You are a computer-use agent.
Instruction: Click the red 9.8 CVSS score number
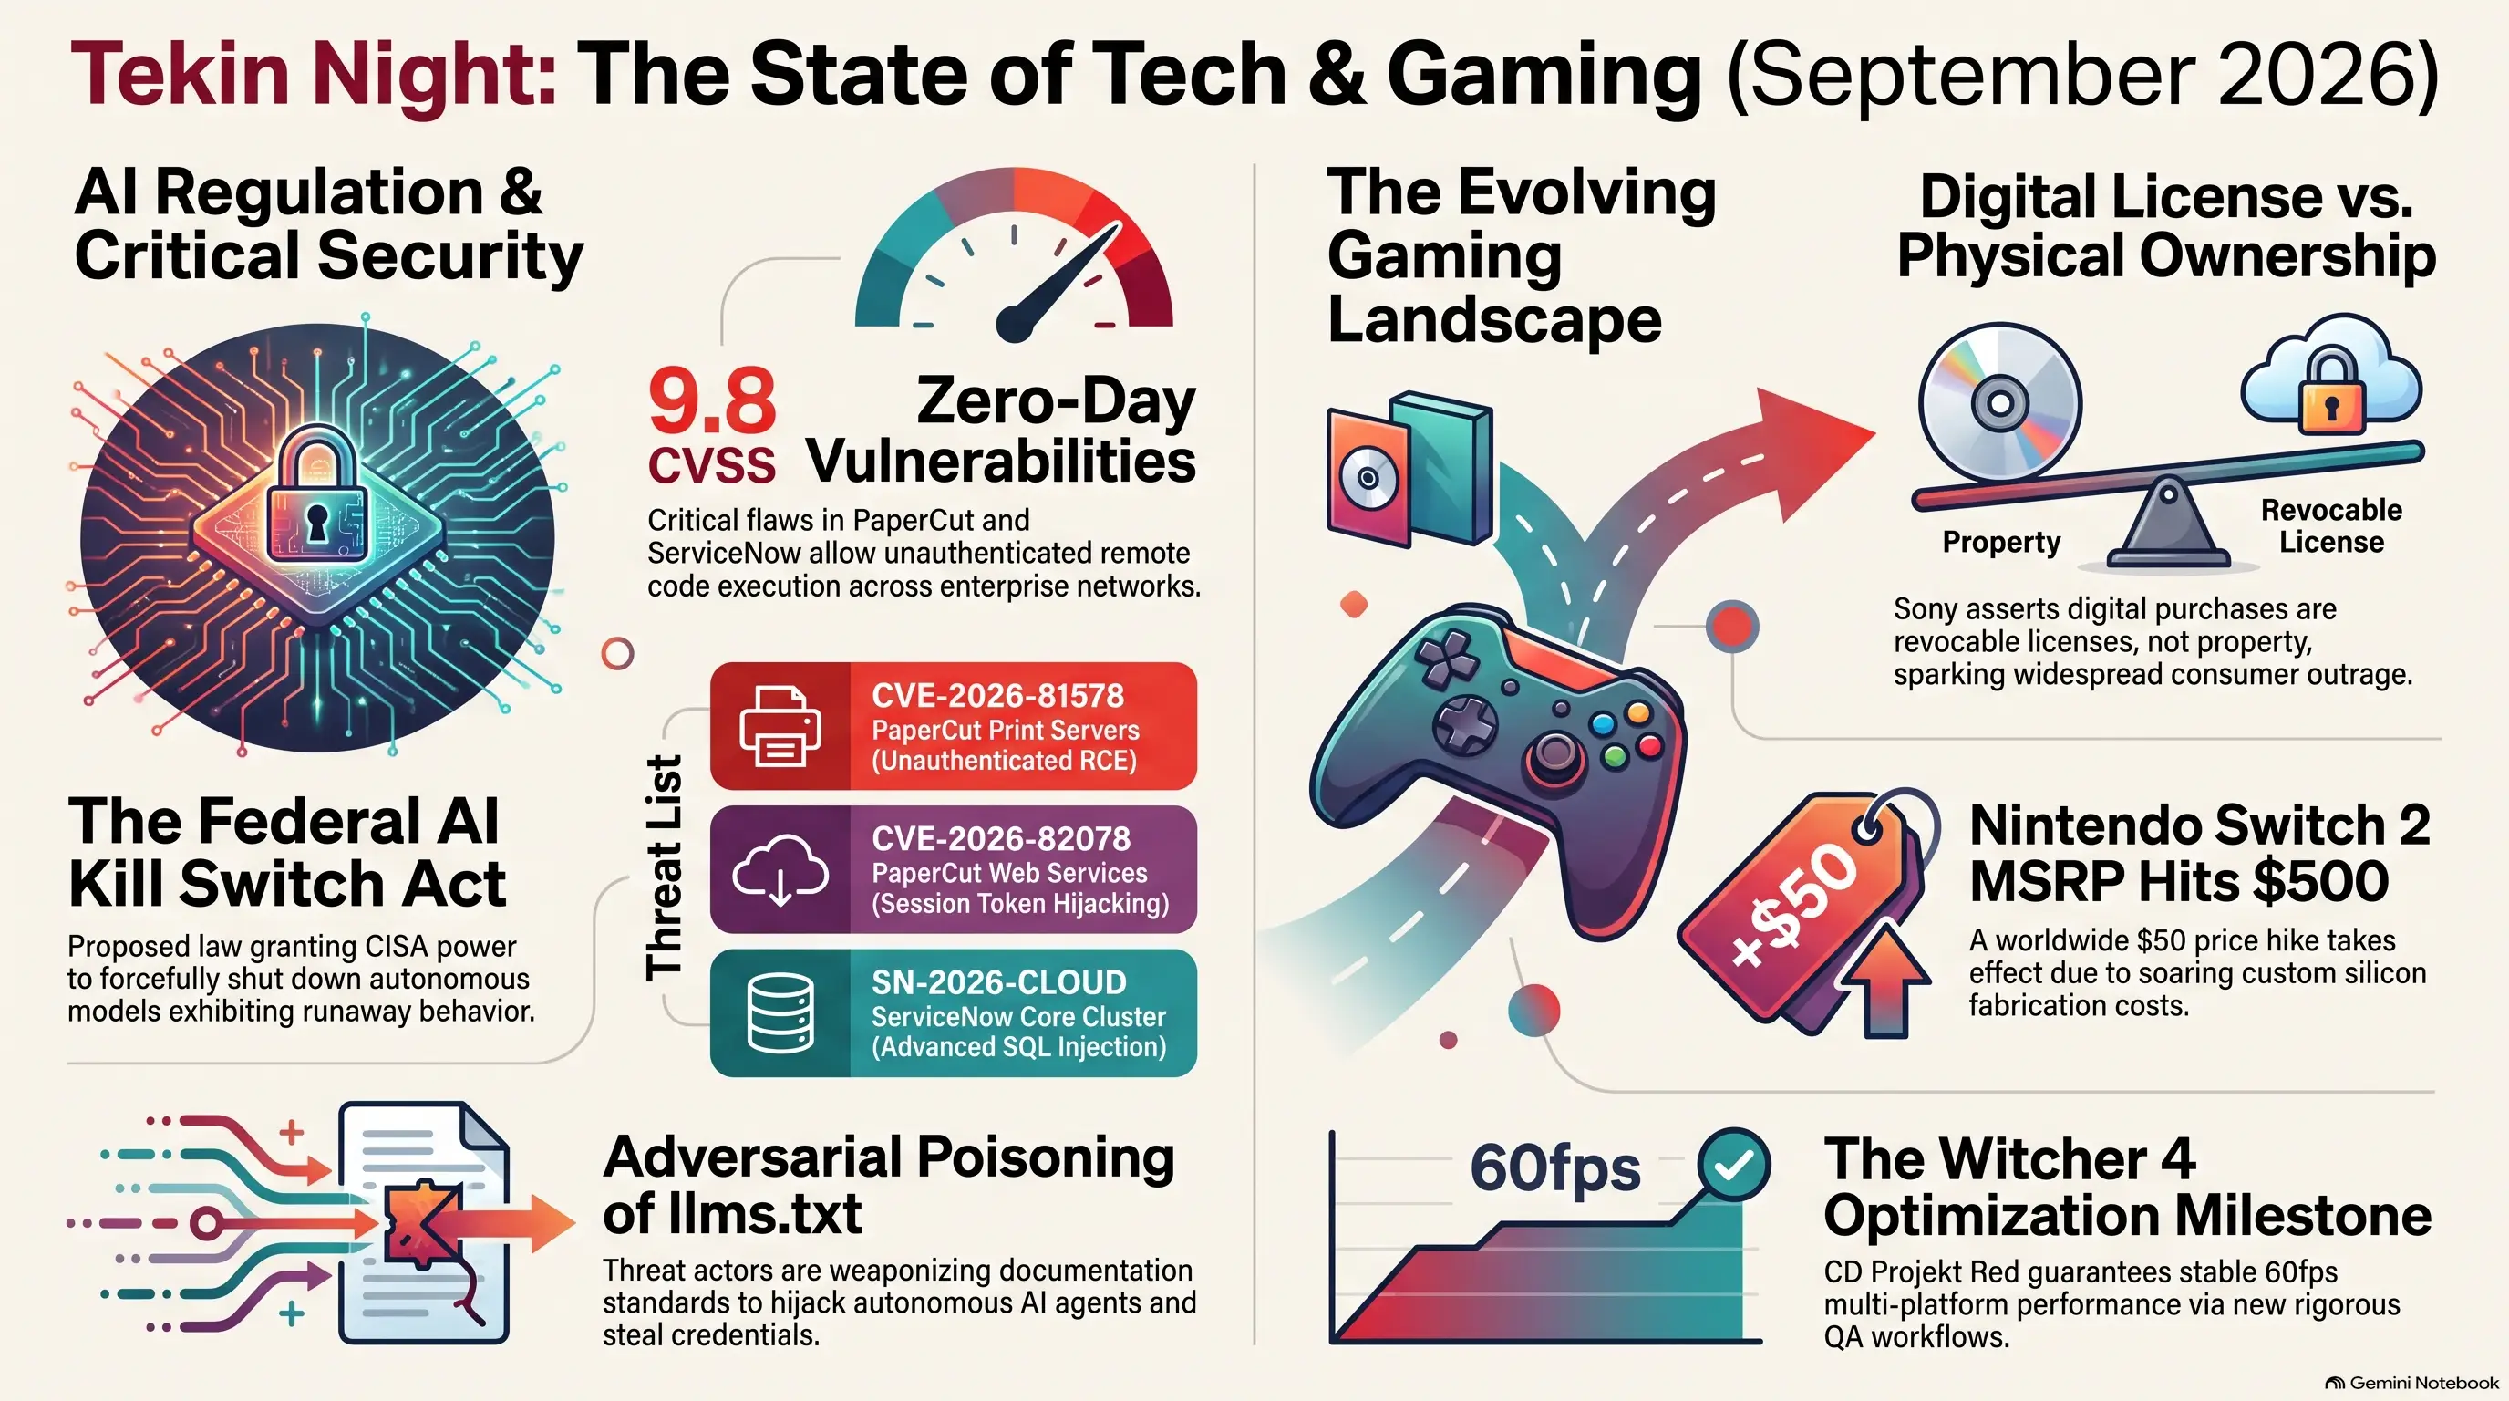(712, 400)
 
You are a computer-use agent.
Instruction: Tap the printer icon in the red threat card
(780, 726)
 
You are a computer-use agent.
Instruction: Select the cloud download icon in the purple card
(780, 870)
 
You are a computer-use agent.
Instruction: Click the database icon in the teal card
(780, 1013)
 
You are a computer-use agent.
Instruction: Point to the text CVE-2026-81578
(997, 696)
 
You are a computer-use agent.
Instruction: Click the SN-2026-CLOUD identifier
(998, 982)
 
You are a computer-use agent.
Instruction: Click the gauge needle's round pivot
(1014, 324)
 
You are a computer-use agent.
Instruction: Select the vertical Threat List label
(665, 867)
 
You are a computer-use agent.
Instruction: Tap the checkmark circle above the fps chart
(1734, 1164)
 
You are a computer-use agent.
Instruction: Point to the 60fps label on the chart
(1554, 1169)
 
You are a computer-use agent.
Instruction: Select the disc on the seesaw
(1999, 402)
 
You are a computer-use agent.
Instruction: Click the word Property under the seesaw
(2001, 542)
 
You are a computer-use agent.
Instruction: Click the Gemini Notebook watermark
(2412, 1383)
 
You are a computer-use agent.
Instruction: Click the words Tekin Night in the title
(314, 74)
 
